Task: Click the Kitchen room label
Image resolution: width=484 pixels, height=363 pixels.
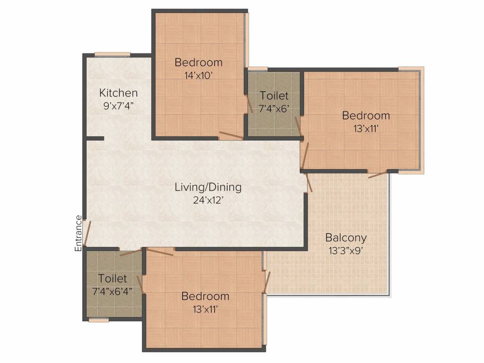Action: coord(118,93)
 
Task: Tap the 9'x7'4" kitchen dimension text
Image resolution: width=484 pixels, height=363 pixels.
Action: coord(119,105)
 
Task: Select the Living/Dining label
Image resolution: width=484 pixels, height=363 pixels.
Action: coord(208,187)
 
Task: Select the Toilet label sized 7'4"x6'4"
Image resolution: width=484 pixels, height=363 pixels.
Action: coord(112,278)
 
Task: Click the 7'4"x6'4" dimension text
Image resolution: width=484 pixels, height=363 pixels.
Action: coord(112,290)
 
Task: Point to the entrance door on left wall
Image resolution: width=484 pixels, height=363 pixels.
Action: coord(86,233)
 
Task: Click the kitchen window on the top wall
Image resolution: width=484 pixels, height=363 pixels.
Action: coord(112,54)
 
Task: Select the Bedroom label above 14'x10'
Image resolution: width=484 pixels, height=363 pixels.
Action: coord(198,62)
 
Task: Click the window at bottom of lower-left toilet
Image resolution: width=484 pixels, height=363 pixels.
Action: coord(99,320)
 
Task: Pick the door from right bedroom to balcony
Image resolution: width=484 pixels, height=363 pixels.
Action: coord(378,174)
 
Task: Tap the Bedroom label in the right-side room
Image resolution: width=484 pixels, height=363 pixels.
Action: coord(366,115)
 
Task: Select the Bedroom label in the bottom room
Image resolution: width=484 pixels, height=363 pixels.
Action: coord(205,296)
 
